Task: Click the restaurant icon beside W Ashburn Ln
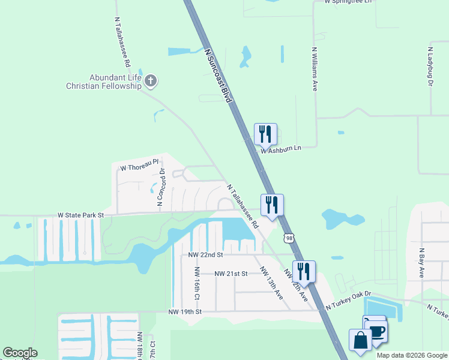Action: [265, 134]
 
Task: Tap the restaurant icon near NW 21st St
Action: [304, 271]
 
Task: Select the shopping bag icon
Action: [360, 340]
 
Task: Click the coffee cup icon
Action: [376, 330]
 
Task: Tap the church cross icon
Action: [151, 80]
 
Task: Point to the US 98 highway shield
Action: [290, 238]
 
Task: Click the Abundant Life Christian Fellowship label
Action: [103, 82]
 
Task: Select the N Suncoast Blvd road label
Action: [218, 76]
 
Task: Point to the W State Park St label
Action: [80, 214]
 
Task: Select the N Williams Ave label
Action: [314, 69]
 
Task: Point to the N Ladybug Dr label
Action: [430, 65]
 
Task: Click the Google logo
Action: [20, 353]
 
